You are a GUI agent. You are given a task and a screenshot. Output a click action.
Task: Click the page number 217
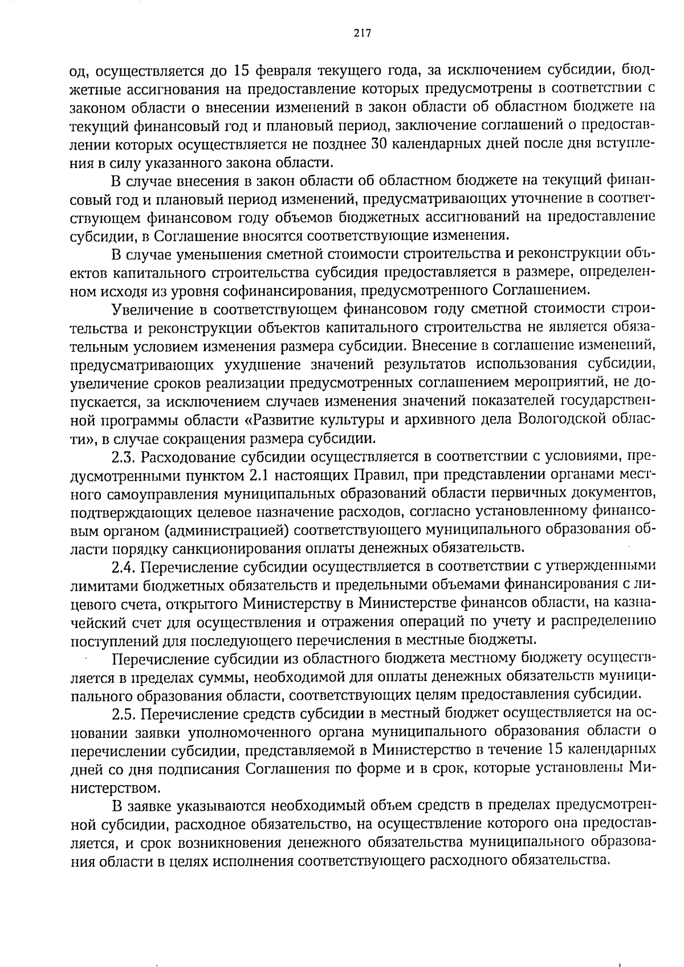362,33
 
